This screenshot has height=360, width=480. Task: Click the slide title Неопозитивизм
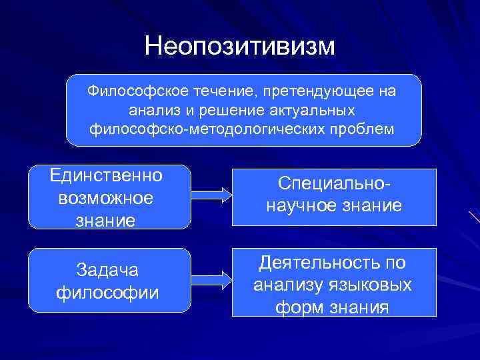241,47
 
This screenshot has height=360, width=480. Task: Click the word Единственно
105,176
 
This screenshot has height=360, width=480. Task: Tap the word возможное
105,198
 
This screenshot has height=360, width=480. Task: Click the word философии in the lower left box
108,291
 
